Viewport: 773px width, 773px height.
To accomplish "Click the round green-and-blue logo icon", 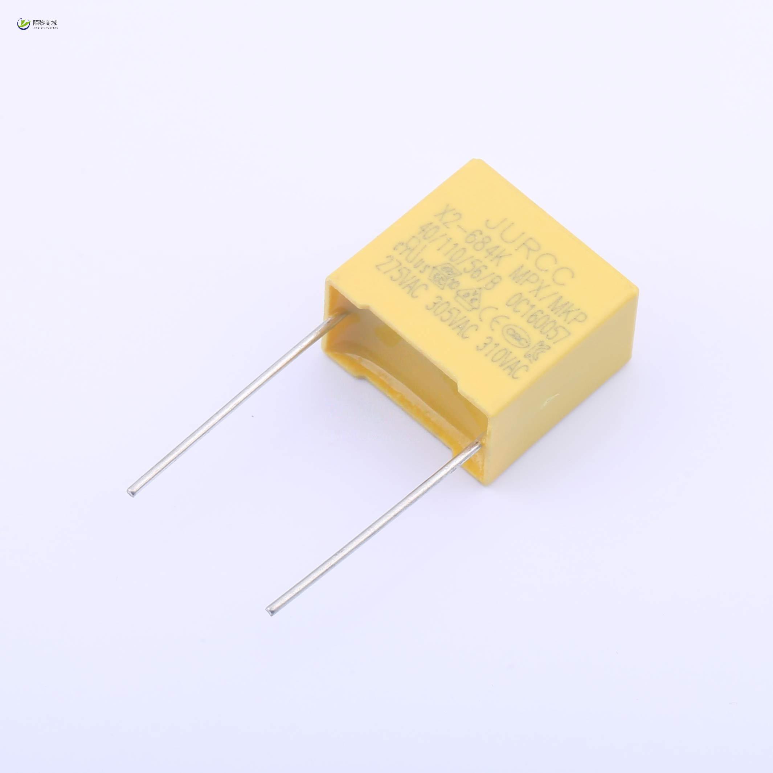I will (23, 24).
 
